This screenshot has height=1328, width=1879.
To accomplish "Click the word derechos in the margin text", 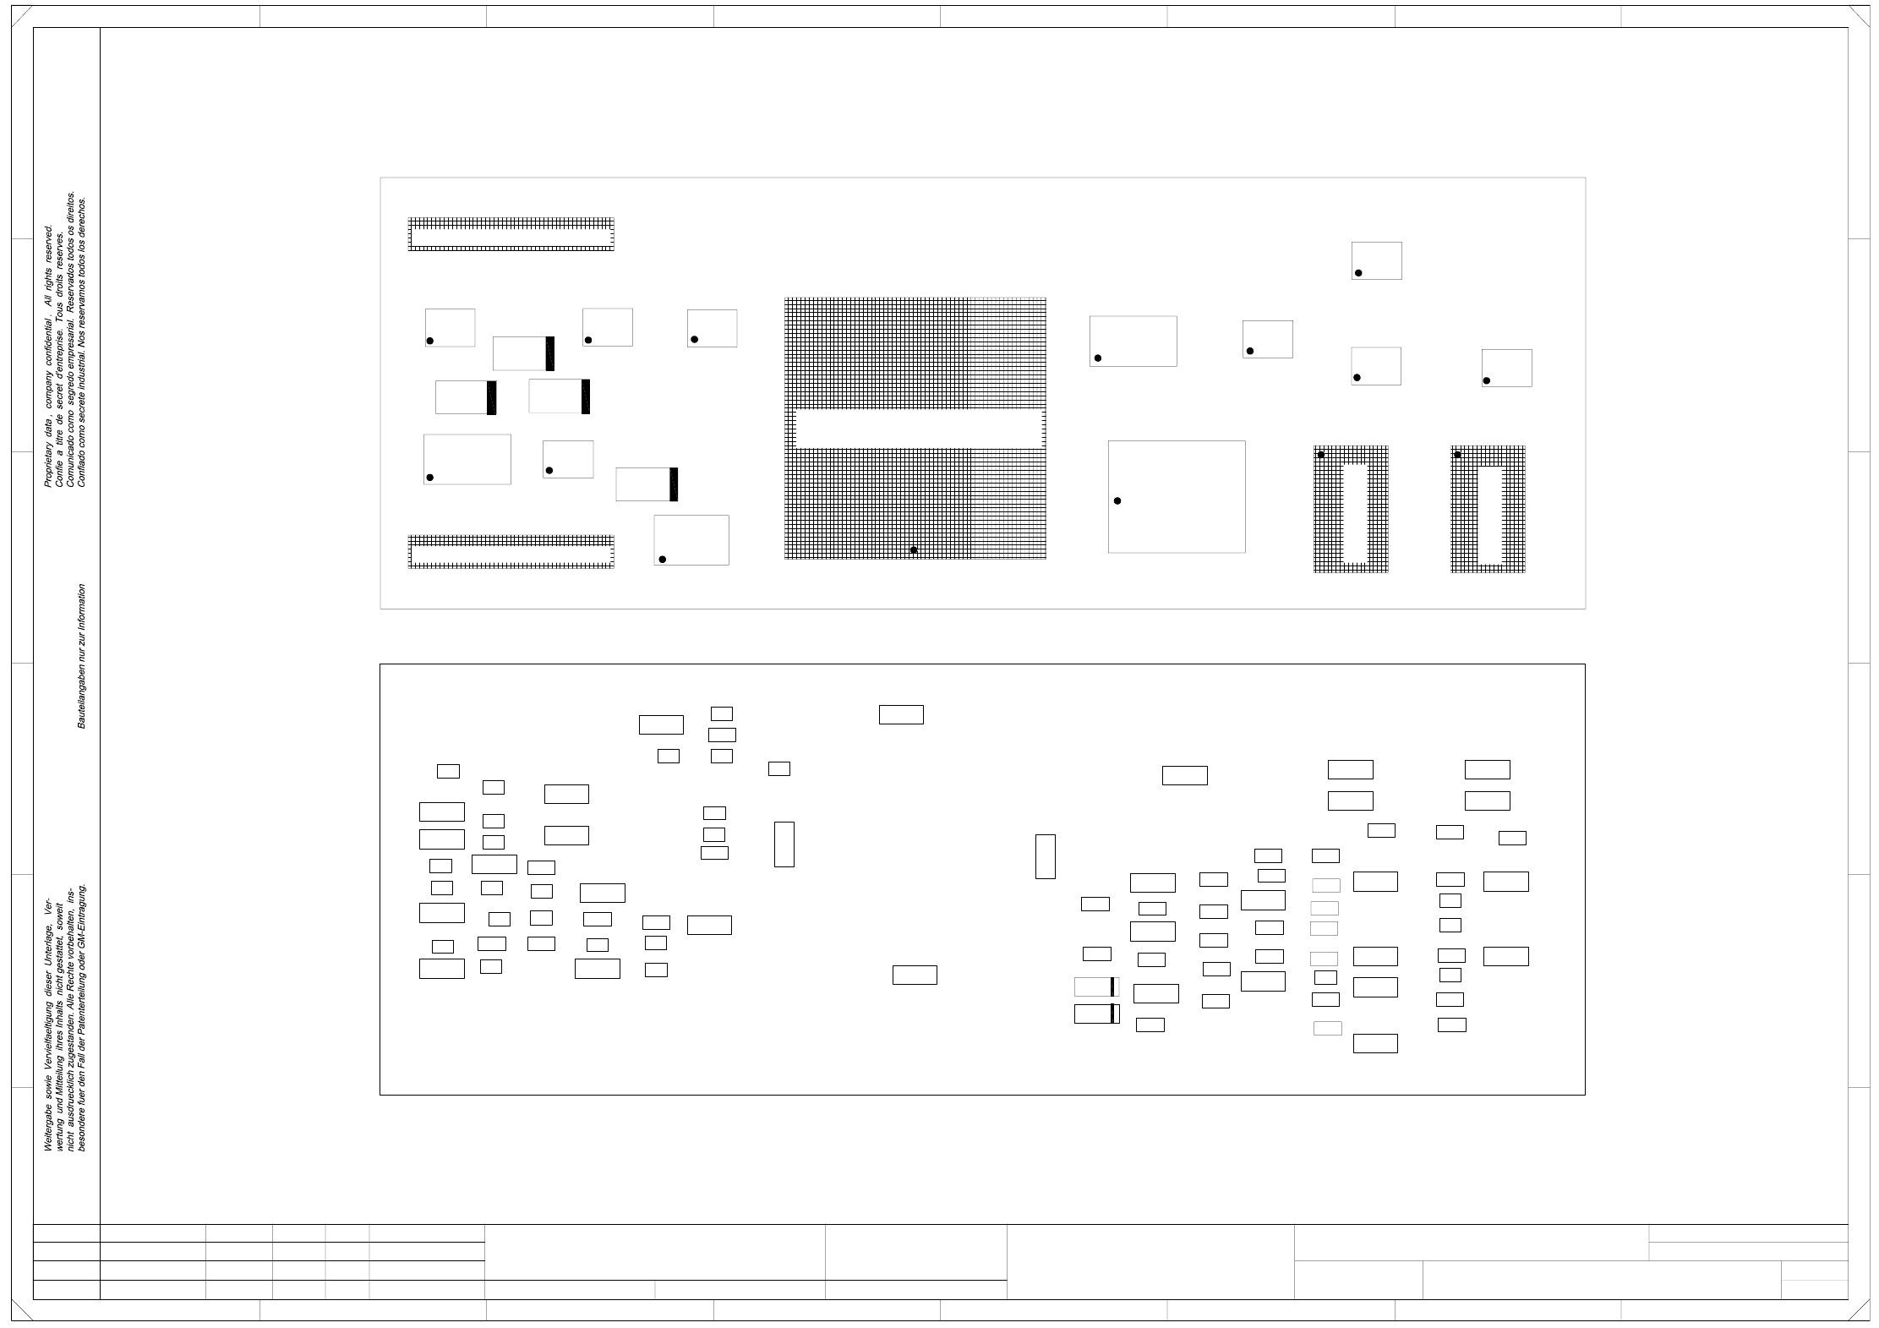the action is (82, 213).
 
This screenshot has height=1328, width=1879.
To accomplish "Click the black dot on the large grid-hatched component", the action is (913, 550).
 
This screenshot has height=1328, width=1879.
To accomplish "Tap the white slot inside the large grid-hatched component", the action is (918, 429).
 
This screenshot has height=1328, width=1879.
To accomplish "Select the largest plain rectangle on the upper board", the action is (1176, 496).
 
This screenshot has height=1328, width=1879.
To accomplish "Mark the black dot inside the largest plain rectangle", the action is (1117, 501).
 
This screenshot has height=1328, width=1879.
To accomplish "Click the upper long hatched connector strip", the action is (511, 234).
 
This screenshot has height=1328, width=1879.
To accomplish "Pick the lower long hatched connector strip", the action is (511, 551).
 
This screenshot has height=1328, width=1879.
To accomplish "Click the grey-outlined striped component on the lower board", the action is (1096, 986).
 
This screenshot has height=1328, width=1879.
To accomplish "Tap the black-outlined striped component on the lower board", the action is (1096, 1014).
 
